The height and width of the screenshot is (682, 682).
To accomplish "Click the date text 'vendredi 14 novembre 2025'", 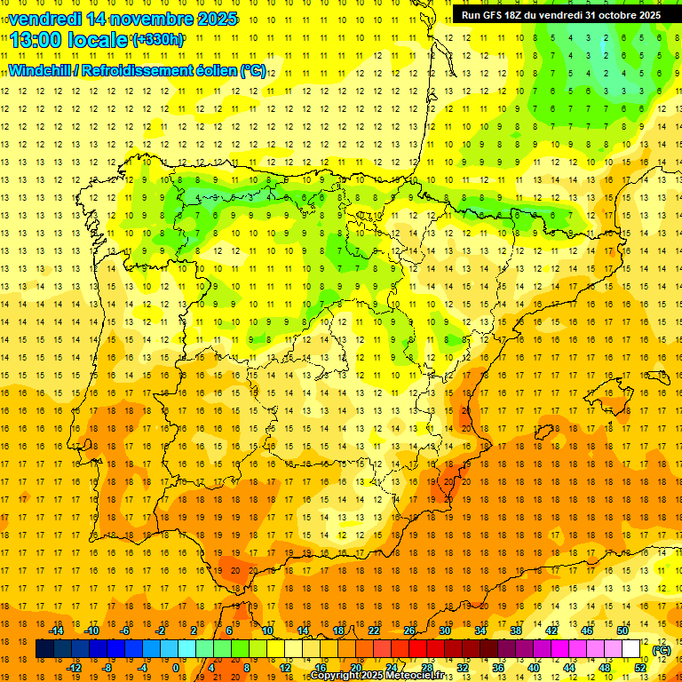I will (x=123, y=19).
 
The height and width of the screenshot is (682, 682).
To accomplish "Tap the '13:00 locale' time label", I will (x=69, y=39).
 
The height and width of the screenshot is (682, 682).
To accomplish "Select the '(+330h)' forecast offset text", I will (x=158, y=39).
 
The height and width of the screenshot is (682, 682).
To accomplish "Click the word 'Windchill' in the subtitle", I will (x=37, y=70).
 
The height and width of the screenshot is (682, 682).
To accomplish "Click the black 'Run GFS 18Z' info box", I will (x=560, y=15).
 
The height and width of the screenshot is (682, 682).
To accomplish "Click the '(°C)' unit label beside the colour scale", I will (x=662, y=649).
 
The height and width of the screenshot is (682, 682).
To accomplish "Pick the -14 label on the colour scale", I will (x=56, y=630).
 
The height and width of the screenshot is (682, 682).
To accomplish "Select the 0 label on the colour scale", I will (x=176, y=668).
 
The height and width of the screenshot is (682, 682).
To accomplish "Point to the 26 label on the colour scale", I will (x=409, y=630).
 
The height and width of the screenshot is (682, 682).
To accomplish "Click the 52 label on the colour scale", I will (x=640, y=668).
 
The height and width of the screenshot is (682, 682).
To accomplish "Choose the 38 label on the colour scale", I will (x=516, y=630).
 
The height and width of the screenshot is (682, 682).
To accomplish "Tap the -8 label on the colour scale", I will (x=108, y=668).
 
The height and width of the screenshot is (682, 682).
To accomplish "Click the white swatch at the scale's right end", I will (x=631, y=649).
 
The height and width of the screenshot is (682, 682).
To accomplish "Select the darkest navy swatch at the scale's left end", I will (x=45, y=649).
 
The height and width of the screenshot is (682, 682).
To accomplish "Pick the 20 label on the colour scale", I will (x=355, y=668).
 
